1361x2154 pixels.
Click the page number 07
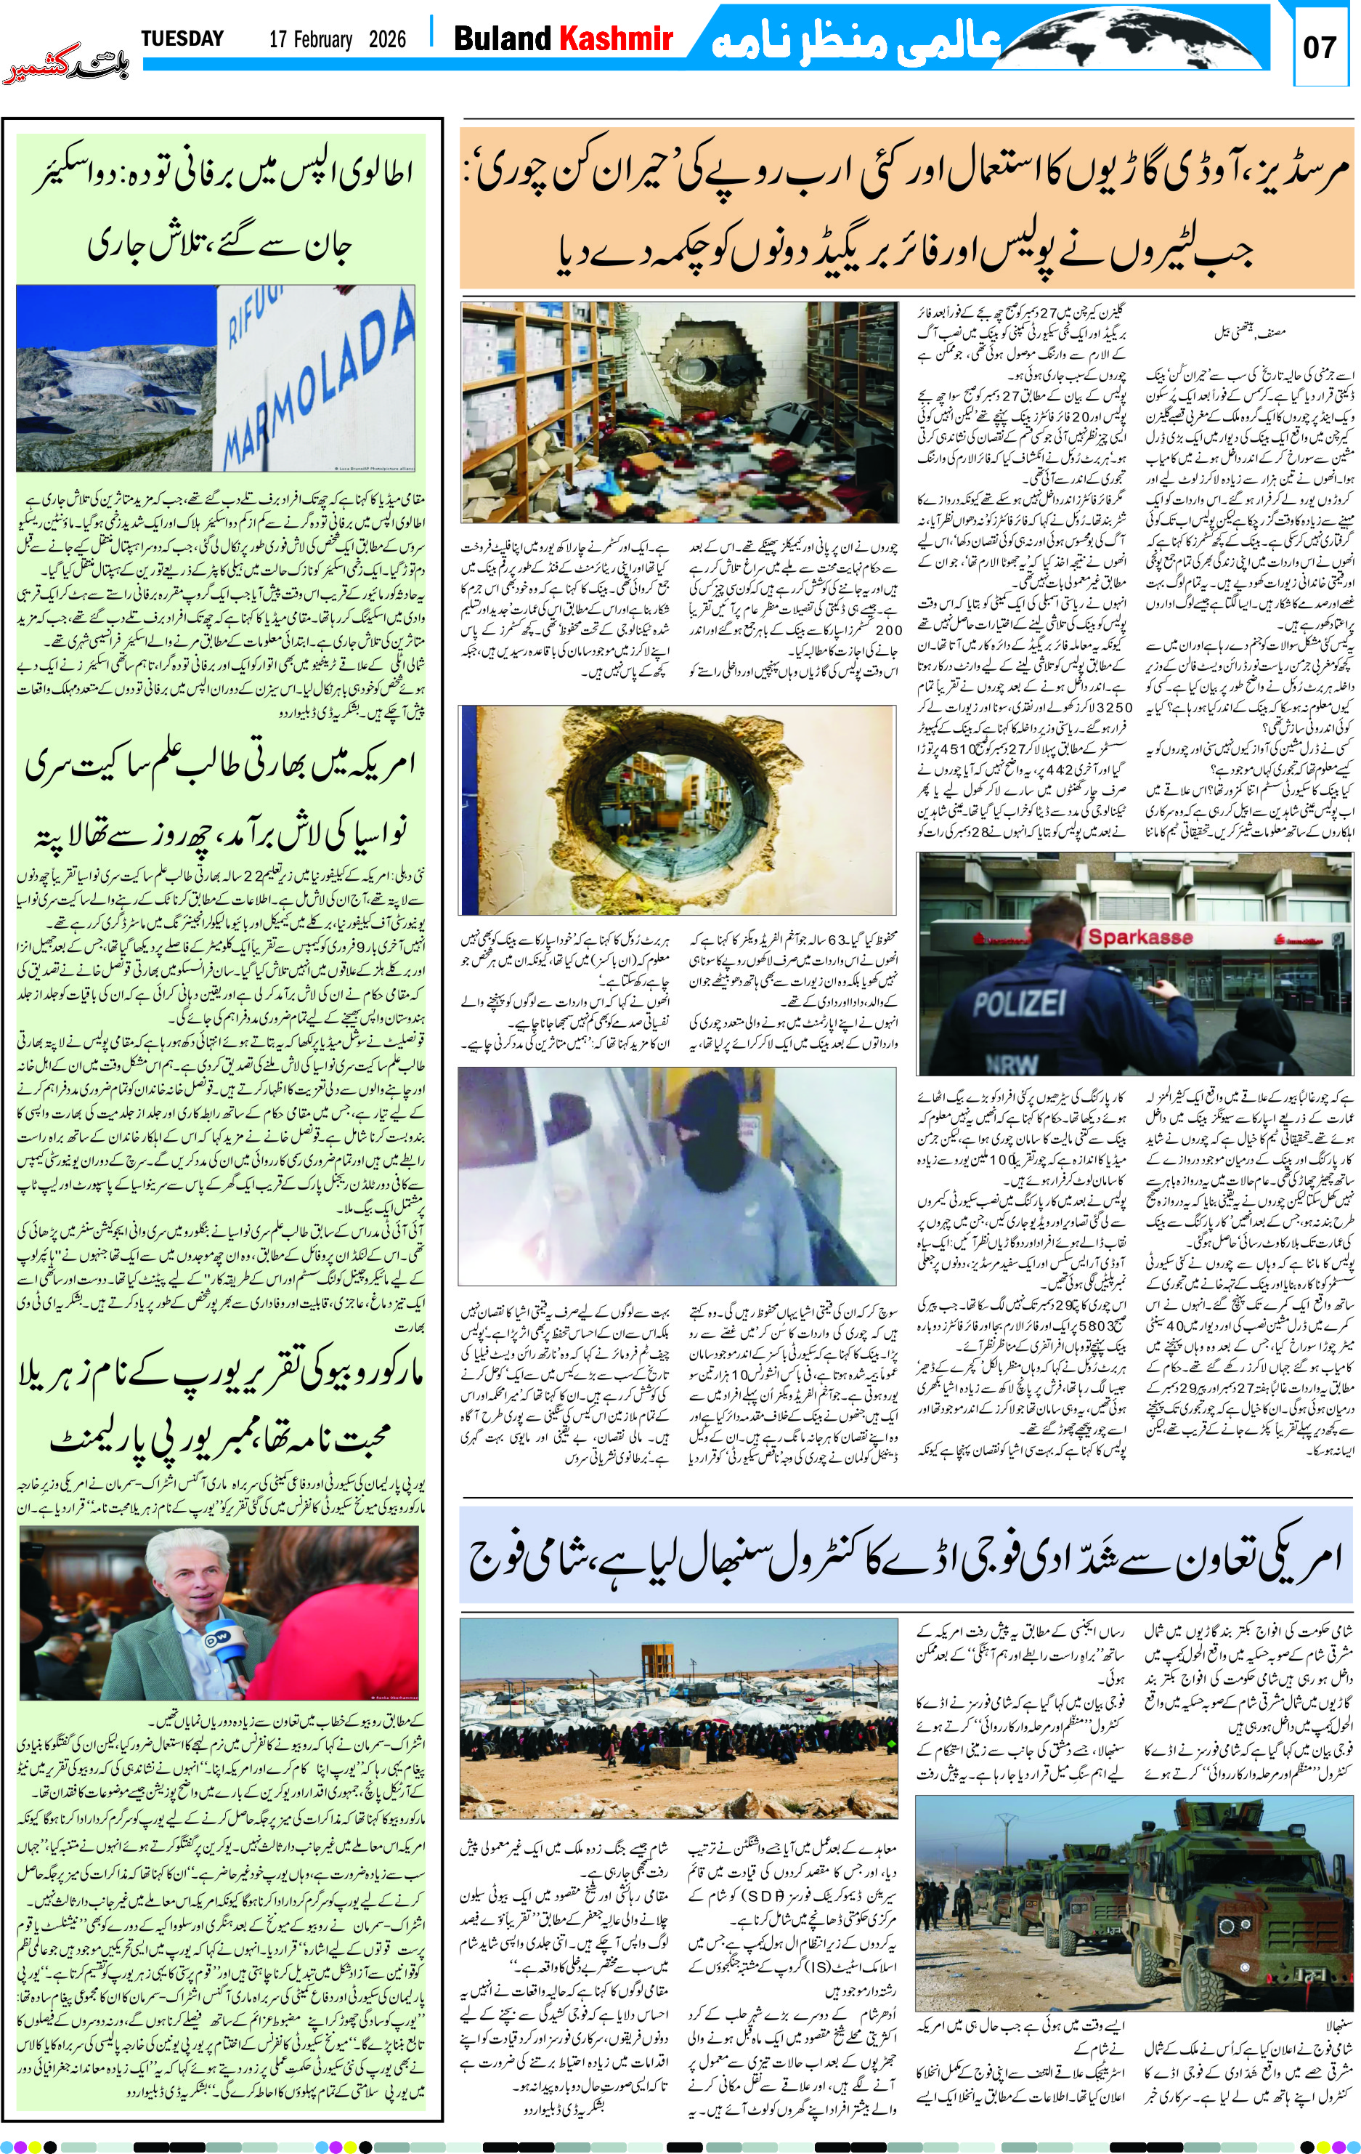coord(1319,47)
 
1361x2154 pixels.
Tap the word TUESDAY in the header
coord(182,39)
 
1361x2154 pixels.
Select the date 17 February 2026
coord(337,39)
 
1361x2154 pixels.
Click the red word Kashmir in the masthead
coord(615,39)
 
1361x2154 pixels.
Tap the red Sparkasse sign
coord(1139,937)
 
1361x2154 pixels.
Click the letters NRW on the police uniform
coord(1012,1062)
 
